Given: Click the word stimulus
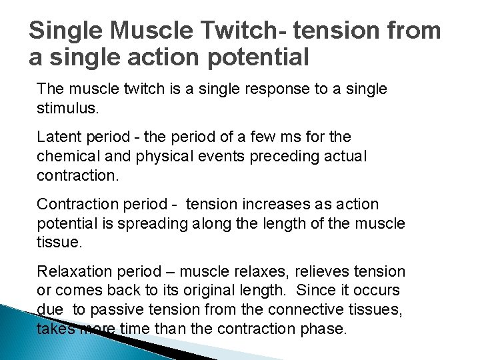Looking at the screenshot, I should point(67,107).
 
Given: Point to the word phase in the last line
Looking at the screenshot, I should point(327,328).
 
